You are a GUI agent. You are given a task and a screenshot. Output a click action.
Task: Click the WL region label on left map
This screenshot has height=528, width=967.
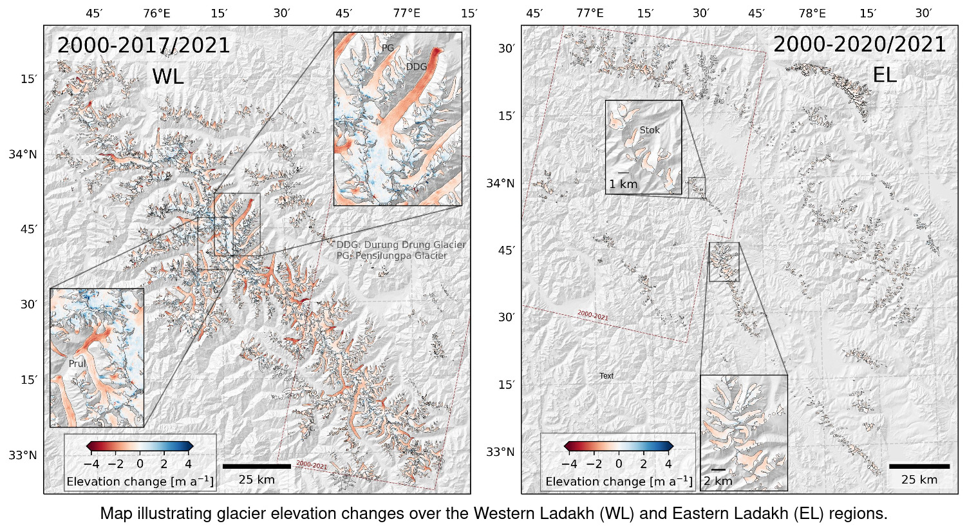coord(168,77)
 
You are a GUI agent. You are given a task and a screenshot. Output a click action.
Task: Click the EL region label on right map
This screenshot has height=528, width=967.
coord(885,75)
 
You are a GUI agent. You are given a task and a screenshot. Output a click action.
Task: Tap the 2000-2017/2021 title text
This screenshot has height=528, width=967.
coord(144,46)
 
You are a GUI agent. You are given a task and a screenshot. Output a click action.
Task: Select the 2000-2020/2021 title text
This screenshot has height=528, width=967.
coord(859,44)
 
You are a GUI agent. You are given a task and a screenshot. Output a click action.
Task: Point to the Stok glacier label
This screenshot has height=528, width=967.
coord(650,130)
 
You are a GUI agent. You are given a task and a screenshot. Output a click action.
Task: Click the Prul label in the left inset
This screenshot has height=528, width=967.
coord(77,364)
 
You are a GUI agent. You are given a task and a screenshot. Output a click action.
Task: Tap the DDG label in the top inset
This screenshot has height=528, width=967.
coord(417,66)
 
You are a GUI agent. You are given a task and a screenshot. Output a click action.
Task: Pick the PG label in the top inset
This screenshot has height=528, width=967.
coord(388,48)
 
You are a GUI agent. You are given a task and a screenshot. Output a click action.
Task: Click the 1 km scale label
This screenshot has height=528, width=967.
coord(623,184)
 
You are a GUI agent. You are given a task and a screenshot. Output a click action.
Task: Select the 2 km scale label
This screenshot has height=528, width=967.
coord(718,481)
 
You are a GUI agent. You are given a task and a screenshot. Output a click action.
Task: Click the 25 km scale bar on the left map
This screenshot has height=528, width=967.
coord(256,466)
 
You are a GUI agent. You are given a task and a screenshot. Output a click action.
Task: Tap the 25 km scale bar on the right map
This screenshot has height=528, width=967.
coord(919,466)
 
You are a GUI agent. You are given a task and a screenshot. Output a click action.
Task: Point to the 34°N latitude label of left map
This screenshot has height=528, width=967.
coord(23,155)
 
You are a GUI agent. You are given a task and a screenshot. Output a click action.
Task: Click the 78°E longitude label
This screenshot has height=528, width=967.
coord(812,13)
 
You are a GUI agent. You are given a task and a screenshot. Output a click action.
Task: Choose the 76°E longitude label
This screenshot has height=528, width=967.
coord(156,13)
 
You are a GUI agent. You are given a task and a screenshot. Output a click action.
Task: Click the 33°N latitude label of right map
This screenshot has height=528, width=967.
coord(500,452)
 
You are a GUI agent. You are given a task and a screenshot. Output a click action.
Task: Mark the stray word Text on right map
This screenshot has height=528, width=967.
coord(606,376)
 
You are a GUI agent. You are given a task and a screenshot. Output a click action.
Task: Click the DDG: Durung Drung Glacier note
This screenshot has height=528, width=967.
coord(401,245)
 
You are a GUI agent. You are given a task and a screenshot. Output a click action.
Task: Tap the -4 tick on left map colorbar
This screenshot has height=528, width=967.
coord(91,464)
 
